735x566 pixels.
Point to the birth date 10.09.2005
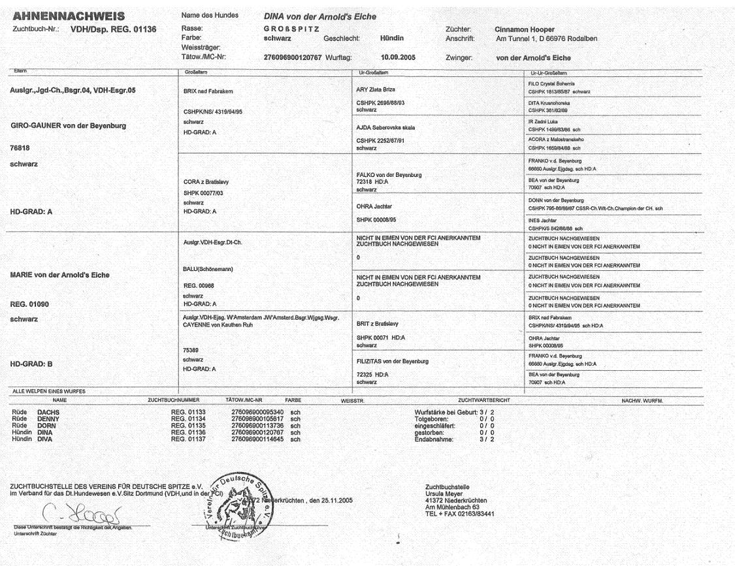(x=399, y=56)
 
